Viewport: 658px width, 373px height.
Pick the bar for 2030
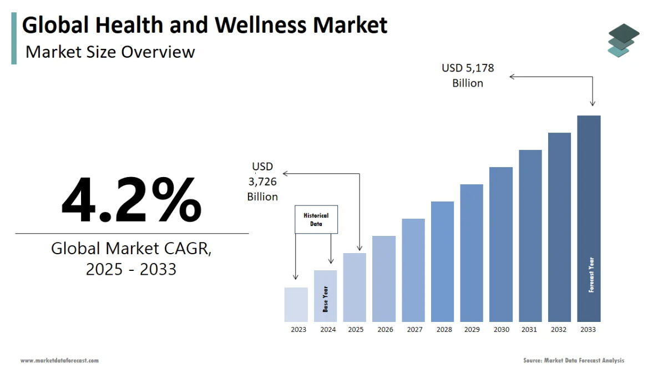point(501,244)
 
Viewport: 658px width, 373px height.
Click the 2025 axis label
point(356,330)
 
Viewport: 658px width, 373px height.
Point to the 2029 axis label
point(472,330)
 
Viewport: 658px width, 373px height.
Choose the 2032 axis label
point(559,330)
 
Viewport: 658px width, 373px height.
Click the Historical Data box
point(316,220)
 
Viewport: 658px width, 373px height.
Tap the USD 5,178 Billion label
point(468,75)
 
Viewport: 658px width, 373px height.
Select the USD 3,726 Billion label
point(262,182)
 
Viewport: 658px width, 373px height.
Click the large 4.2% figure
point(131,199)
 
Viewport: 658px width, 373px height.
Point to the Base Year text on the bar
point(326,299)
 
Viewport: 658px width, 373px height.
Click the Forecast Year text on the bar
point(591,274)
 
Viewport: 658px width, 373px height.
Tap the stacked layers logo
point(623,40)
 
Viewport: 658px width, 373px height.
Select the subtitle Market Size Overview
point(110,52)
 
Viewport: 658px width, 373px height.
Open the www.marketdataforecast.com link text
point(59,361)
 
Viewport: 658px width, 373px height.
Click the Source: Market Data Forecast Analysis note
point(574,361)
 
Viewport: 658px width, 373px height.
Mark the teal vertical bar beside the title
point(14,39)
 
